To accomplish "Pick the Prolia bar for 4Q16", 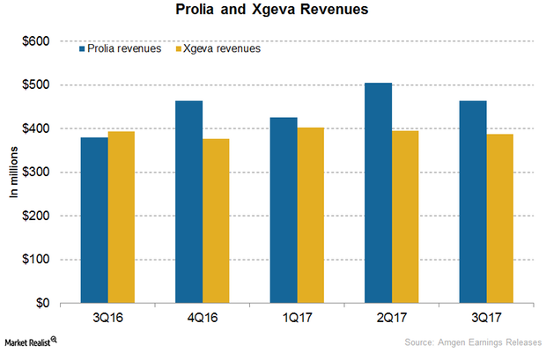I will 189,202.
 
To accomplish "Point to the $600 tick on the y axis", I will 41,41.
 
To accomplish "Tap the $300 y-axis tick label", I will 41,172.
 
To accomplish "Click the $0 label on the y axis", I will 48,303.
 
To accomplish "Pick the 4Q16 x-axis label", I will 203,317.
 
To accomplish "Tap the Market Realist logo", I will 30,341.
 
